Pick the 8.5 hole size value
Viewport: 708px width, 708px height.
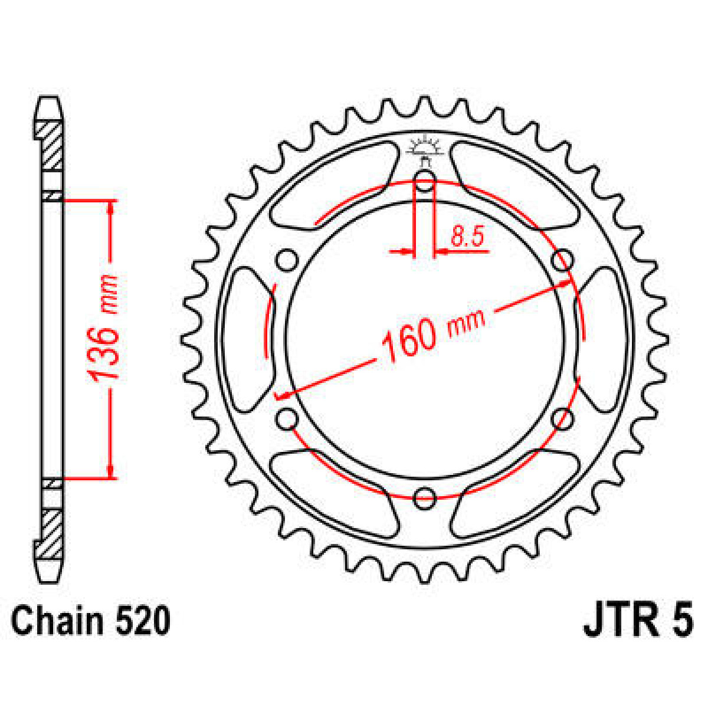467,237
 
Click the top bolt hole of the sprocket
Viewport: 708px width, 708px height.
424,183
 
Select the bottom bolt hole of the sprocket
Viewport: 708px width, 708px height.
424,499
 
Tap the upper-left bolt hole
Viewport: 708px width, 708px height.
287,260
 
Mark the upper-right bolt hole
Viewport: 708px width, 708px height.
562,260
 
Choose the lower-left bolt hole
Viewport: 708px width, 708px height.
287,419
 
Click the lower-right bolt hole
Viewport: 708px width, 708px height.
562,419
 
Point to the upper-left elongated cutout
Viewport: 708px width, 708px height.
333,183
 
